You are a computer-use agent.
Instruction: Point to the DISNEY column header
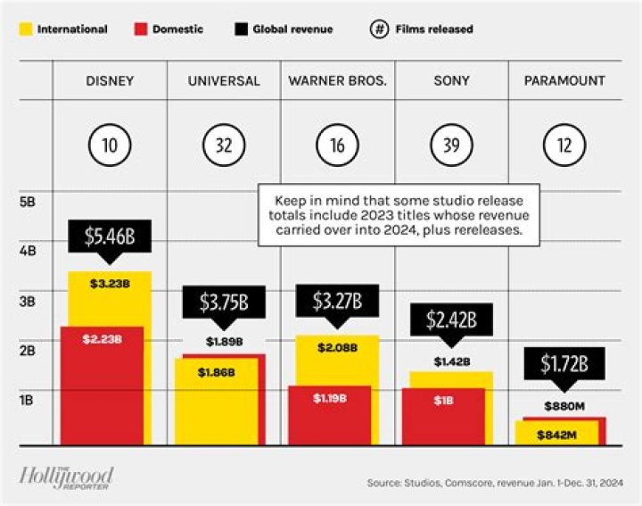tap(110, 80)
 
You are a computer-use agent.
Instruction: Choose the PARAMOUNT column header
tap(564, 80)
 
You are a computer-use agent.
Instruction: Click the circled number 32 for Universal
tap(224, 145)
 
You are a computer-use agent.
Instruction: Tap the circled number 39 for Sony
tap(450, 145)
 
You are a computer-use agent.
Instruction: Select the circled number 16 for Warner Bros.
tap(337, 145)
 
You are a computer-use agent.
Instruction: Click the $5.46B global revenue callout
tap(110, 236)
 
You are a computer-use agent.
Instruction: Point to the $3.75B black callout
tap(223, 302)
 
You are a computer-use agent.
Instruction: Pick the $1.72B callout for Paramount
tap(564, 364)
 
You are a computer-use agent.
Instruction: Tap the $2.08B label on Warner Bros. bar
tap(336, 346)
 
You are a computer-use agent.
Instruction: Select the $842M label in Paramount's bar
tap(556, 435)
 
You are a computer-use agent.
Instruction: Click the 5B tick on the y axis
tap(29, 202)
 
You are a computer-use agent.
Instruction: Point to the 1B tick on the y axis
tap(29, 400)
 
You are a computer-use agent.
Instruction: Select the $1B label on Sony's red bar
tap(443, 400)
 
